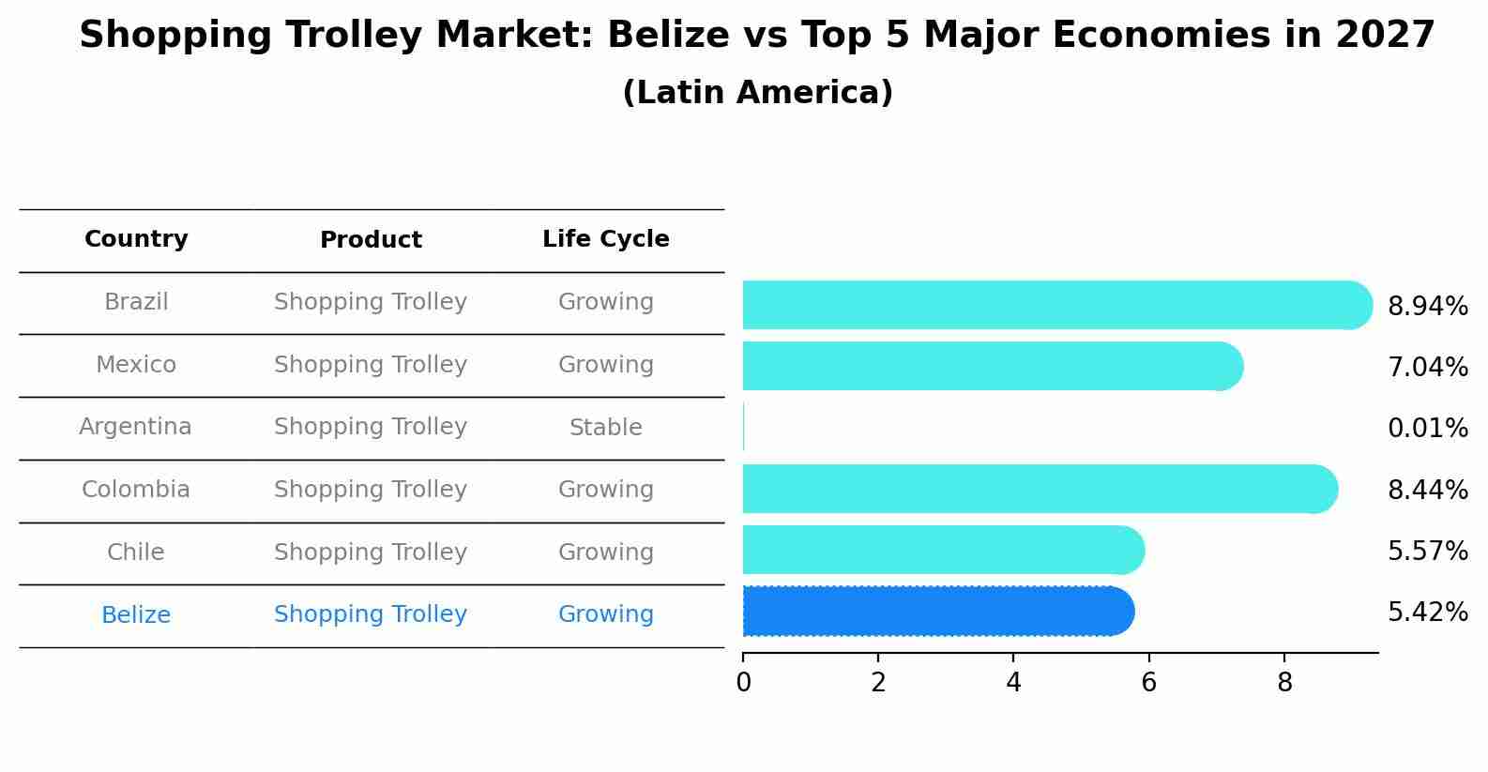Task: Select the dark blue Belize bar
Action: pyautogui.click(x=938, y=612)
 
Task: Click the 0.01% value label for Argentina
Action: pyautogui.click(x=1427, y=429)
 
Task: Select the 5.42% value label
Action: pyautogui.click(x=1427, y=613)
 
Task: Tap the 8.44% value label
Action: pyautogui.click(x=1427, y=490)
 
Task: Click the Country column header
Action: pyautogui.click(x=136, y=239)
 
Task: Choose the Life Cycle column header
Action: pyautogui.click(x=605, y=239)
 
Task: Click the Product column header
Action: pyautogui.click(x=371, y=240)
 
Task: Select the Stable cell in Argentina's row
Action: pyautogui.click(x=605, y=428)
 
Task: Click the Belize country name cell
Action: pyautogui.click(x=136, y=615)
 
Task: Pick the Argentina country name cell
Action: pyautogui.click(x=135, y=427)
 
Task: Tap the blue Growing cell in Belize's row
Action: pyautogui.click(x=605, y=614)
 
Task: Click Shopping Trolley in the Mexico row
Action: pyautogui.click(x=371, y=365)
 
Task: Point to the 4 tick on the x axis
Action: pyautogui.click(x=1013, y=683)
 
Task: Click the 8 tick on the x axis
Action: pyautogui.click(x=1284, y=683)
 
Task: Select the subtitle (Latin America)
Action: pyautogui.click(x=757, y=93)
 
